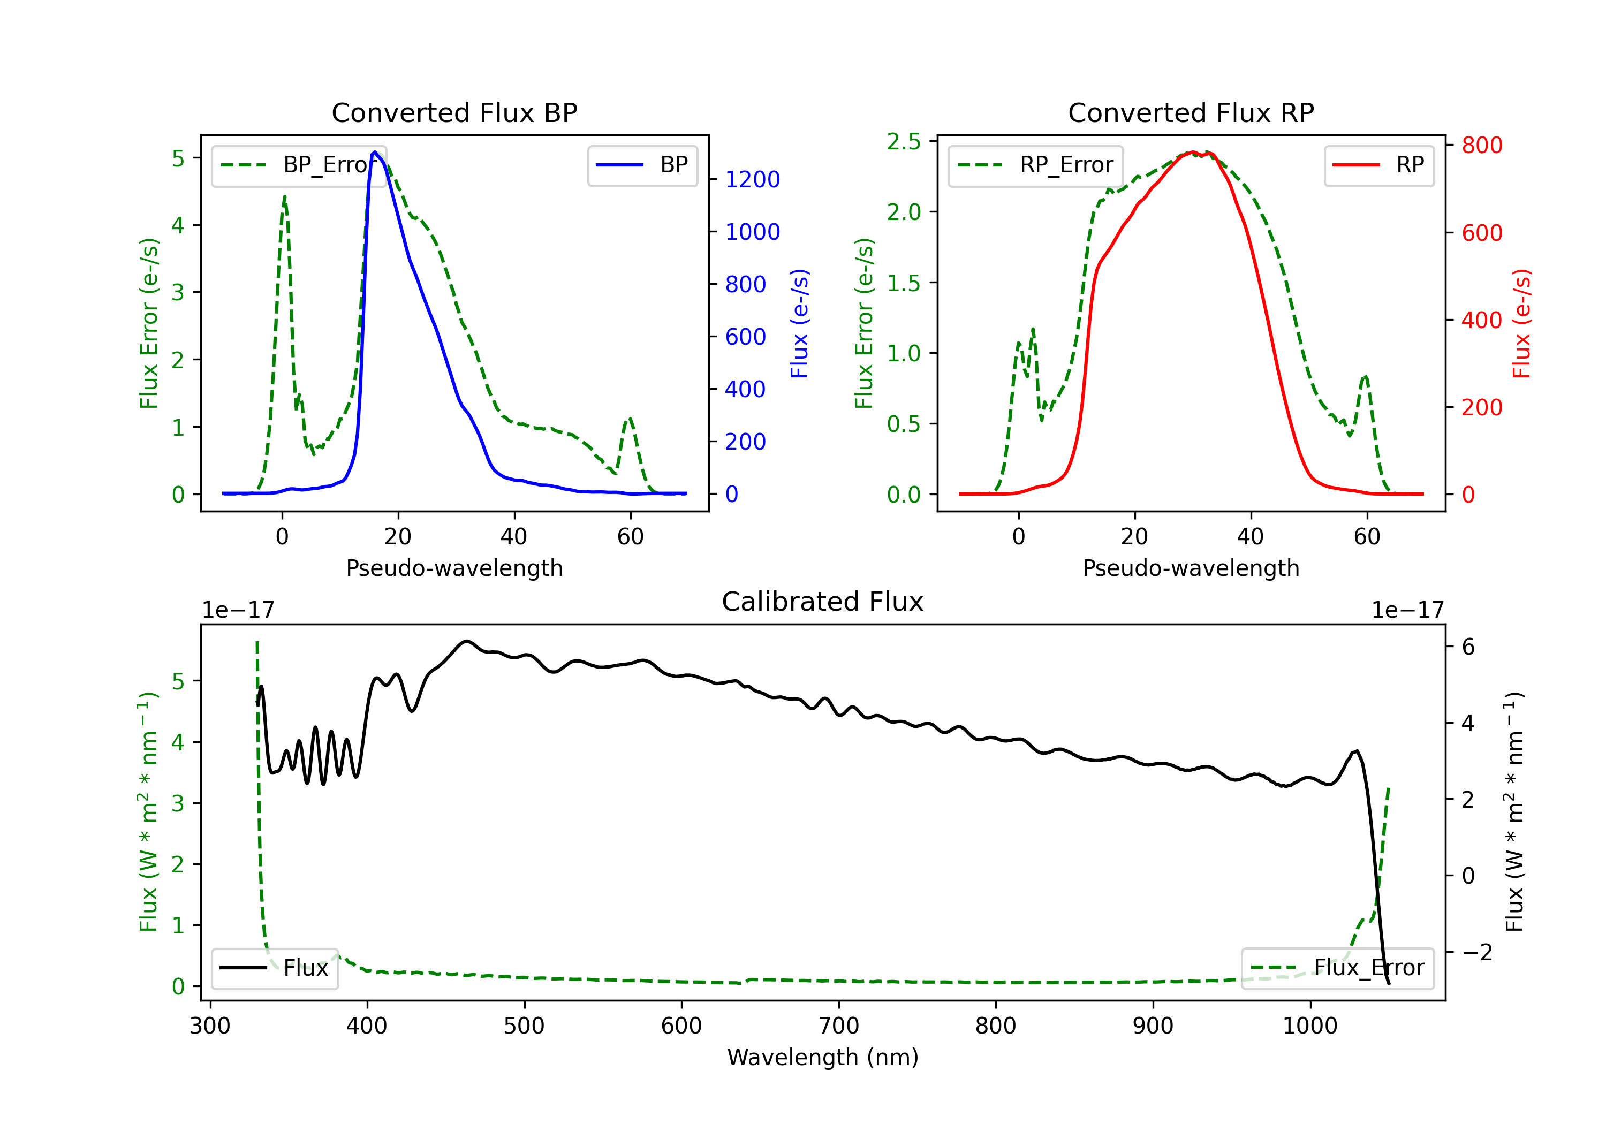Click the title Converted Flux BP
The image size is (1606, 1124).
(454, 112)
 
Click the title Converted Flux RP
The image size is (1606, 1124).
(1191, 112)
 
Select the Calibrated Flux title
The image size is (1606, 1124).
(823, 602)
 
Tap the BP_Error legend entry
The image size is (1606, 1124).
(299, 165)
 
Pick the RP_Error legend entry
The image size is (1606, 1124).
(1035, 165)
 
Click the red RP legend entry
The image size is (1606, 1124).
(1378, 165)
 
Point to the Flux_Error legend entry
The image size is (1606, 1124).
(1337, 968)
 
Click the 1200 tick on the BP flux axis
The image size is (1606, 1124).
(752, 180)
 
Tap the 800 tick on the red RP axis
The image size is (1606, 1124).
(1481, 146)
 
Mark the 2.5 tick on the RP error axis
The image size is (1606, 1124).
(904, 141)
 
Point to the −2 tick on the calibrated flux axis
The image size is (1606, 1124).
(1476, 952)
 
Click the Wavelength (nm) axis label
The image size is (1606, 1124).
(823, 1057)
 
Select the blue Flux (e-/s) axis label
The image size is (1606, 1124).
(799, 323)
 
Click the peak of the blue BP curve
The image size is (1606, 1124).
(375, 152)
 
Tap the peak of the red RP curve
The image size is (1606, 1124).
(1193, 152)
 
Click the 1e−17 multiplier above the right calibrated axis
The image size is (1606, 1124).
(1407, 610)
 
